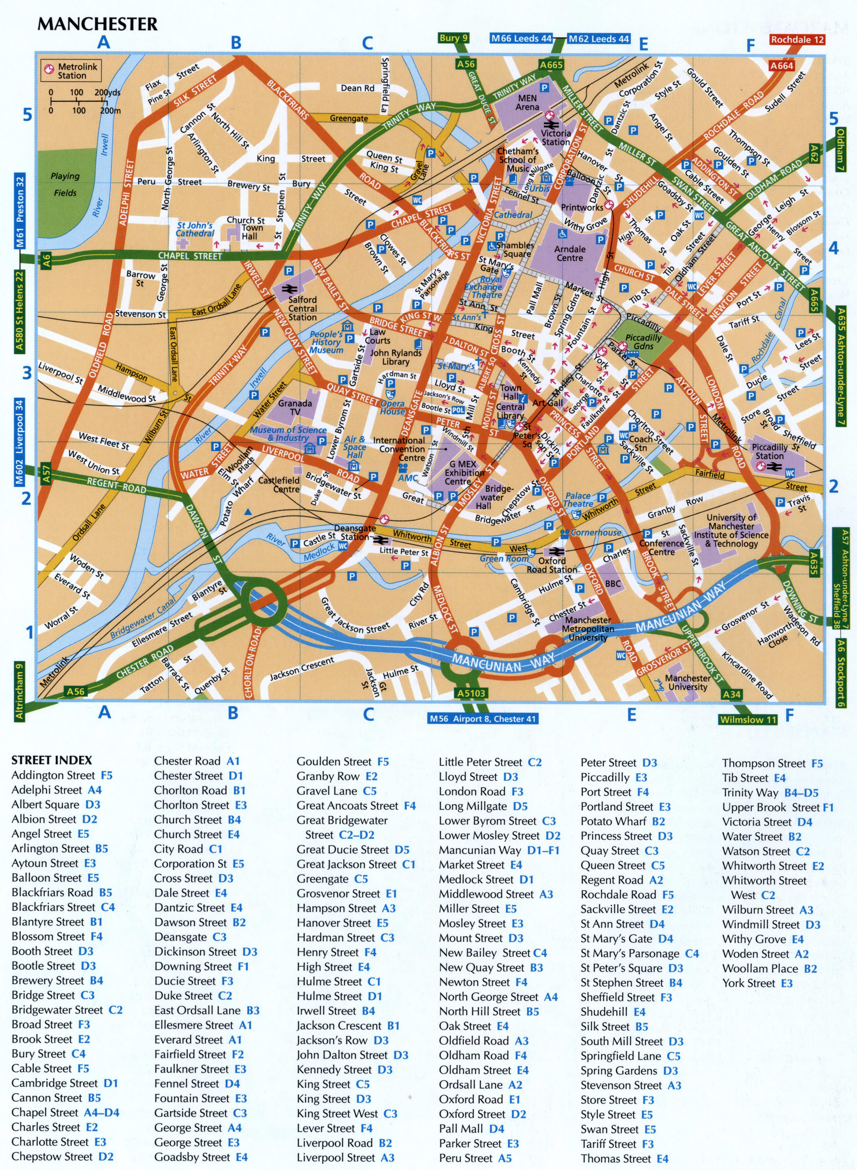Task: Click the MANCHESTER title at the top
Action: [98, 24]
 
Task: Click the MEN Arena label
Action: [527, 102]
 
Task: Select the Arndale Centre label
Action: [570, 253]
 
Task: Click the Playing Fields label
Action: [65, 184]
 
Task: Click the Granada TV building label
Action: [295, 407]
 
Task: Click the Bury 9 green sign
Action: [454, 38]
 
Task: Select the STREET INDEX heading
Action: [51, 760]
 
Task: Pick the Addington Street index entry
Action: [61, 775]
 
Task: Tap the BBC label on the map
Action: [613, 583]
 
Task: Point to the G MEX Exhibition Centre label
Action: [463, 473]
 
